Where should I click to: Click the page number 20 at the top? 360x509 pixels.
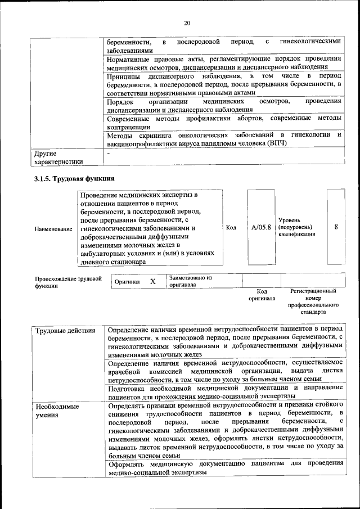[x=187, y=23]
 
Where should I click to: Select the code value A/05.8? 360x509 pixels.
[x=261, y=227]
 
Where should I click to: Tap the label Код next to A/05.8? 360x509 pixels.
[x=231, y=227]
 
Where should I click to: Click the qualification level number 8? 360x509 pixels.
[x=336, y=227]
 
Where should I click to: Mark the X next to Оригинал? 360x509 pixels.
[x=152, y=281]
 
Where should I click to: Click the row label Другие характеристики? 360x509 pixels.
[x=58, y=157]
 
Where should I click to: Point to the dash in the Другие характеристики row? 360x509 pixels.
[x=108, y=153]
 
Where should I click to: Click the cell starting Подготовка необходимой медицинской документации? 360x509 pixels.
[x=224, y=392]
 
